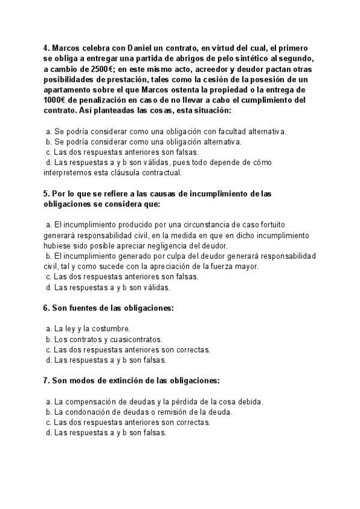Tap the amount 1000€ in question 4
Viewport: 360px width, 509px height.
[55, 100]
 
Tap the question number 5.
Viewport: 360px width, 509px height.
[46, 194]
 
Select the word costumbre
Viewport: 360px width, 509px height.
[112, 329]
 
